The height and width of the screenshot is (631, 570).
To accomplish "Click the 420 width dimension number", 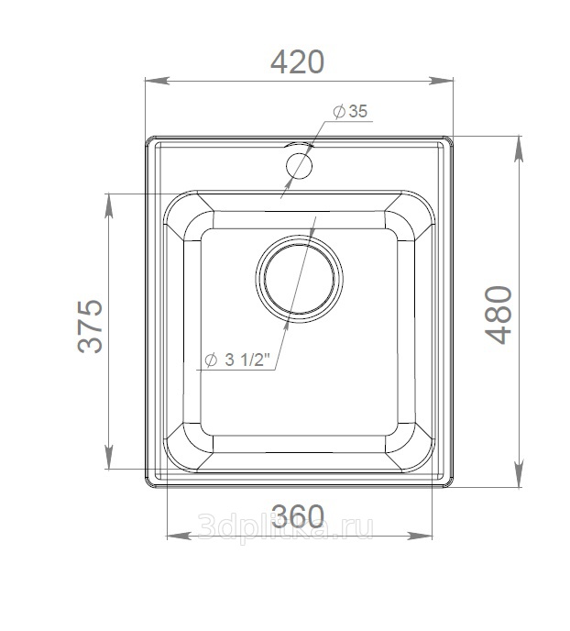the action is click(297, 62).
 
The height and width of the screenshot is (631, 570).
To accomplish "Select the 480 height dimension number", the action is click(499, 315).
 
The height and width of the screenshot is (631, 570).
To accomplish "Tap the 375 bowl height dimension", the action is click(91, 326).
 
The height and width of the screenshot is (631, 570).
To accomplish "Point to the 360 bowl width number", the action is click(298, 516).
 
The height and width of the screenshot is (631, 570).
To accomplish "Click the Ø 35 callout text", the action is click(350, 111).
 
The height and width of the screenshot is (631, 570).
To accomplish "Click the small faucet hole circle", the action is click(299, 165).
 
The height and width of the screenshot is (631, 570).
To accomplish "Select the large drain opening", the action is click(299, 279).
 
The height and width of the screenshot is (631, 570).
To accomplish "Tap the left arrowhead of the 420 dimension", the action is click(156, 81).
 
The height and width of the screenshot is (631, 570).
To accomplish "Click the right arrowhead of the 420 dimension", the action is click(442, 81).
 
